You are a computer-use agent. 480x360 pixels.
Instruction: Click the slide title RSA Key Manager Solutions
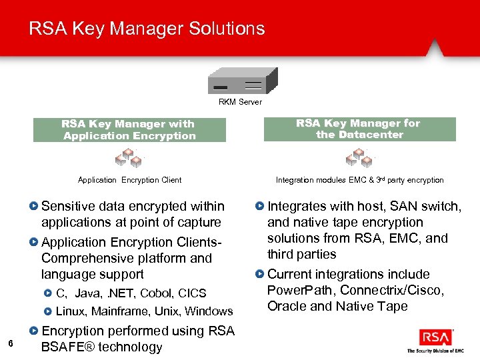click(147, 29)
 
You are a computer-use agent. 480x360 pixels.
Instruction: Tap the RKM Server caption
click(240, 102)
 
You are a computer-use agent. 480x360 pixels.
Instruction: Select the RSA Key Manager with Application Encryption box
click(129, 129)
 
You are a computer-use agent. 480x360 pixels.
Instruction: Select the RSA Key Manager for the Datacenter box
click(359, 129)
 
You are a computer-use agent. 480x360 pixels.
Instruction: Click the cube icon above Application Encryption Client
click(128, 159)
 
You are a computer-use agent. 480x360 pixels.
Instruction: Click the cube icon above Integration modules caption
click(359, 158)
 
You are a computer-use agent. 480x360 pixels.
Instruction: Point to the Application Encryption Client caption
click(129, 180)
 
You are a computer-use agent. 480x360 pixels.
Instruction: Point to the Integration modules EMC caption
click(359, 180)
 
